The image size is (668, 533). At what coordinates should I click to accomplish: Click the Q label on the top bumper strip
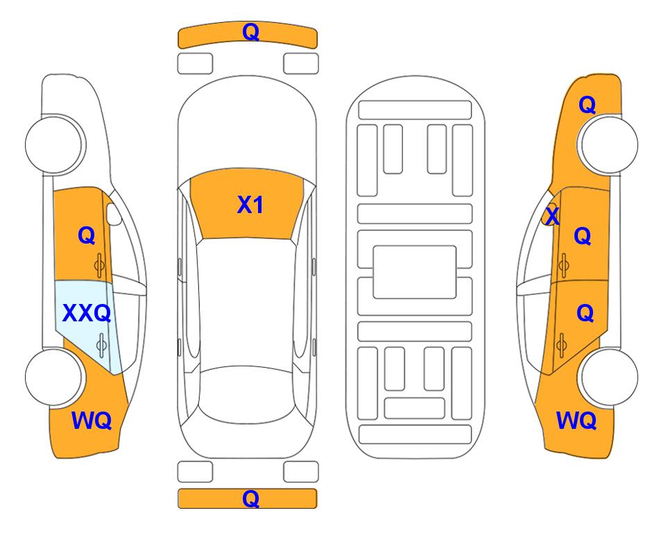click(x=250, y=32)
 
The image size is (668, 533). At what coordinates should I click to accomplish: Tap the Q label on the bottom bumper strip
click(x=250, y=498)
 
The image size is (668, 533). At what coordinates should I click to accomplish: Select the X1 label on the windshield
click(x=250, y=205)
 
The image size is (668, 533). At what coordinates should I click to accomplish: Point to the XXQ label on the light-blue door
click(x=87, y=314)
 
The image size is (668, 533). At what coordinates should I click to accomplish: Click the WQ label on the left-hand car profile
click(x=92, y=421)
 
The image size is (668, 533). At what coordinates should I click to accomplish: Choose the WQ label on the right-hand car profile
click(x=576, y=421)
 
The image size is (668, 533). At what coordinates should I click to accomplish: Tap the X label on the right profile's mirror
click(x=552, y=215)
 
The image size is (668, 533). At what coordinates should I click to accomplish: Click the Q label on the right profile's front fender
click(x=587, y=105)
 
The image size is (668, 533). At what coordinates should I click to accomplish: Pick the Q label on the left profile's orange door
click(x=87, y=235)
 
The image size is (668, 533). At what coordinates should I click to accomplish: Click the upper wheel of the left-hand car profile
click(x=54, y=144)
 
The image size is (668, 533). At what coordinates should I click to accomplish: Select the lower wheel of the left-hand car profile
click(x=54, y=377)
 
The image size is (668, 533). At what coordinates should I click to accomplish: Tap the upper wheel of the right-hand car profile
click(x=609, y=144)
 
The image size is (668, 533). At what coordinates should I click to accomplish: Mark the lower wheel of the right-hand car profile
click(x=609, y=377)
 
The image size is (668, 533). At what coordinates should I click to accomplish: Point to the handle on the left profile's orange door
click(x=99, y=265)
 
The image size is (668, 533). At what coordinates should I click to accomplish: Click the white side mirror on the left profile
click(x=114, y=214)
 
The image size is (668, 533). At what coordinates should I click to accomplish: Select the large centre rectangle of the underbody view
click(x=415, y=272)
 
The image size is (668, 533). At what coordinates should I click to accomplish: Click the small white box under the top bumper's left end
click(x=195, y=64)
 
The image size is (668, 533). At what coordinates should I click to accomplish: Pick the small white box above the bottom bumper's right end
click(x=301, y=472)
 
